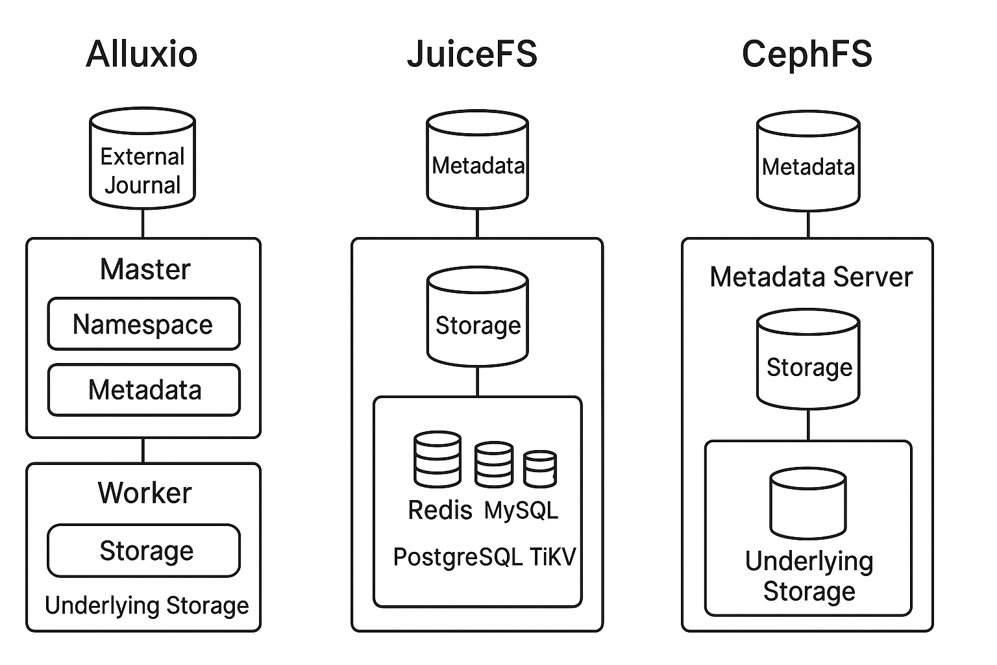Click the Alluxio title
coord(142,53)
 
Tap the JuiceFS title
coord(472,53)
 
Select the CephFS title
coord(807,53)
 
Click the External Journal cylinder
coord(142,160)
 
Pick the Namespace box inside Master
coord(143,324)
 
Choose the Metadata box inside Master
coord(144,390)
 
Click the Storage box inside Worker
coord(144,551)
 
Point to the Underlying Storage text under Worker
coord(147,605)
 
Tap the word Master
coord(145,270)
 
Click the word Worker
coord(145,493)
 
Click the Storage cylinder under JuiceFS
coord(478,318)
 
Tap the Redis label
coord(439,510)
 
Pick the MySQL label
coord(521,510)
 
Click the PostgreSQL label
coord(458,557)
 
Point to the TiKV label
coord(552,557)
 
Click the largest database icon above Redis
coord(437,459)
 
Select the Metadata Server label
coord(811,277)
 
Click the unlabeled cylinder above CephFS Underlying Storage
coord(808,504)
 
